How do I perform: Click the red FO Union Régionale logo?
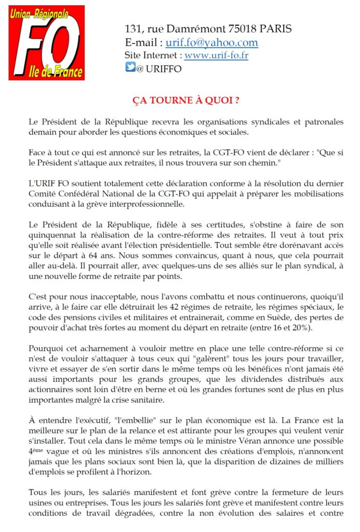46,43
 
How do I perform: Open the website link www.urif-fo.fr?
216,55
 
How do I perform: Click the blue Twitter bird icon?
130,68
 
